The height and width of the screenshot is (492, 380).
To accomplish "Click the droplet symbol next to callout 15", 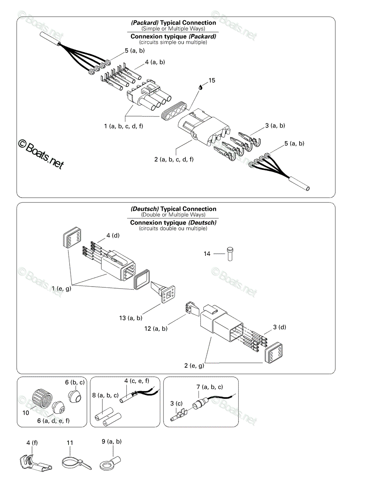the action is click(200, 87).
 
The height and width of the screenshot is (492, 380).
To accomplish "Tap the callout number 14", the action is click(207, 254).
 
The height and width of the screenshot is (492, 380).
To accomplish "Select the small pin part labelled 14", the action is click(230, 254).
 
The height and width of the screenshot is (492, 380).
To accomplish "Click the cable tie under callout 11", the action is click(77, 464).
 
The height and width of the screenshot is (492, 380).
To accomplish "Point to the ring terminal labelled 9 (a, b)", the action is click(110, 463).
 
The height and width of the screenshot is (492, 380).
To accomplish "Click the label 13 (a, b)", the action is click(131, 318).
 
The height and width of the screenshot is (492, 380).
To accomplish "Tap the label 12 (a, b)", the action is click(156, 328).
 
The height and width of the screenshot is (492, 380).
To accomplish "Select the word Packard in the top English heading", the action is click(145, 23).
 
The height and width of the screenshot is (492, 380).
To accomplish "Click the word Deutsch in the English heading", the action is click(145, 209).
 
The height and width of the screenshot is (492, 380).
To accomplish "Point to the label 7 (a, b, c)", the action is click(209, 387).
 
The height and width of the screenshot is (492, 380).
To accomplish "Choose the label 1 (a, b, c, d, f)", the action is click(123, 126).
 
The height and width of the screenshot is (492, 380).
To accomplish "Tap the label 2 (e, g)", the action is click(194, 365).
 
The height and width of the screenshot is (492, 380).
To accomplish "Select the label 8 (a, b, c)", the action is click(105, 395).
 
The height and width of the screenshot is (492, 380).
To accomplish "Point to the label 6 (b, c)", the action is click(75, 382).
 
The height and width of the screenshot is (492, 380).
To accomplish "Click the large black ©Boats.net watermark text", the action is click(41, 155).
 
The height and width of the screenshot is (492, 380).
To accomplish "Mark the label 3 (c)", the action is click(176, 403).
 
